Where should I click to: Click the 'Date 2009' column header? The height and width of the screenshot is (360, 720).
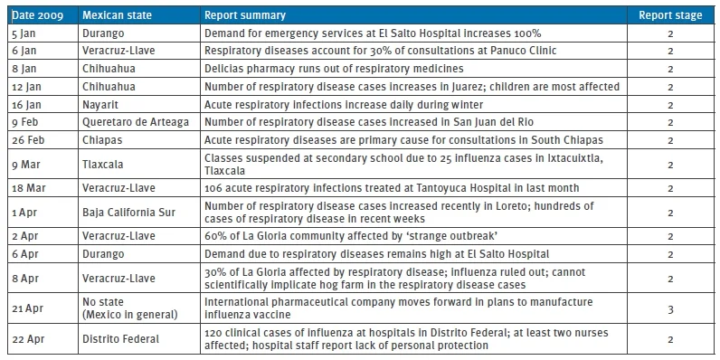[38, 15]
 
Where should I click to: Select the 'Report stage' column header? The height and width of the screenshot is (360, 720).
[670, 15]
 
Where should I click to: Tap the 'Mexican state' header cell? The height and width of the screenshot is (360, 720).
[117, 15]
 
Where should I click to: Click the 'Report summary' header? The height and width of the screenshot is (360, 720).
[245, 15]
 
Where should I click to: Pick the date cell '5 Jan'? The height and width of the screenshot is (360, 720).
[22, 33]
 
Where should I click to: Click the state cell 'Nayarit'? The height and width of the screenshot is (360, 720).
[100, 105]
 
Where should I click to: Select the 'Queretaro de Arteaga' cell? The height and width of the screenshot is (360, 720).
[136, 123]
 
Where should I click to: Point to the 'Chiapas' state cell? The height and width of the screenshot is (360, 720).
[102, 140]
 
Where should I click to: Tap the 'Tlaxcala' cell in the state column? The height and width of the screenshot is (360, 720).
[103, 164]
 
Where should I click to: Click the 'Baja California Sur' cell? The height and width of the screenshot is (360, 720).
[128, 213]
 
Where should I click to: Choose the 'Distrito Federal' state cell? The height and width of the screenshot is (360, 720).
[121, 339]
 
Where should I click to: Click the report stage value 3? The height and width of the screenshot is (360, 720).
[670, 309]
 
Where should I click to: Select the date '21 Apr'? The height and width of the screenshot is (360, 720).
[26, 308]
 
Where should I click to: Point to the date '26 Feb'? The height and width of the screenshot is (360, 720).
[28, 140]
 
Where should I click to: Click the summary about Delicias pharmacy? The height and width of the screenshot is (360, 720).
[334, 69]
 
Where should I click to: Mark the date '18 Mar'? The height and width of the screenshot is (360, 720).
[28, 188]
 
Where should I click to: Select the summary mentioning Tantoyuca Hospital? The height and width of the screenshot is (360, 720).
[392, 188]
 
